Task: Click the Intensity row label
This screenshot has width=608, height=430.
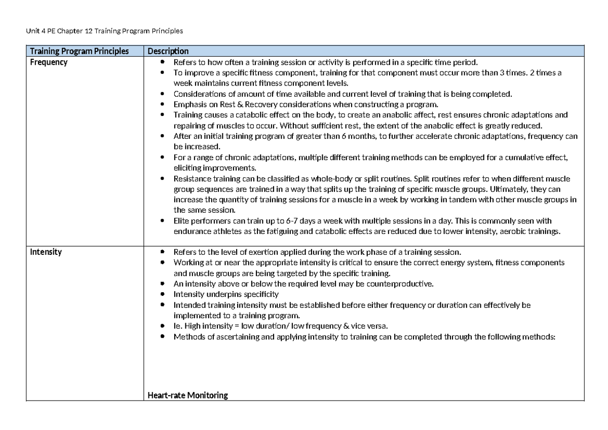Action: coord(46,252)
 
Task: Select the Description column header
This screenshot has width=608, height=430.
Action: coord(168,51)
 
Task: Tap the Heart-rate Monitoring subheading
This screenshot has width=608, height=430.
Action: coord(187,396)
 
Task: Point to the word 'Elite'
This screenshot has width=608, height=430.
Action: coord(181,221)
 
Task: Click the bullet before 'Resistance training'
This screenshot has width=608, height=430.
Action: coord(162,179)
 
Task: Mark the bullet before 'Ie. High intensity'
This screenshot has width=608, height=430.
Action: coord(162,326)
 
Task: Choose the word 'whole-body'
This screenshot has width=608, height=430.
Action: coord(326,179)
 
